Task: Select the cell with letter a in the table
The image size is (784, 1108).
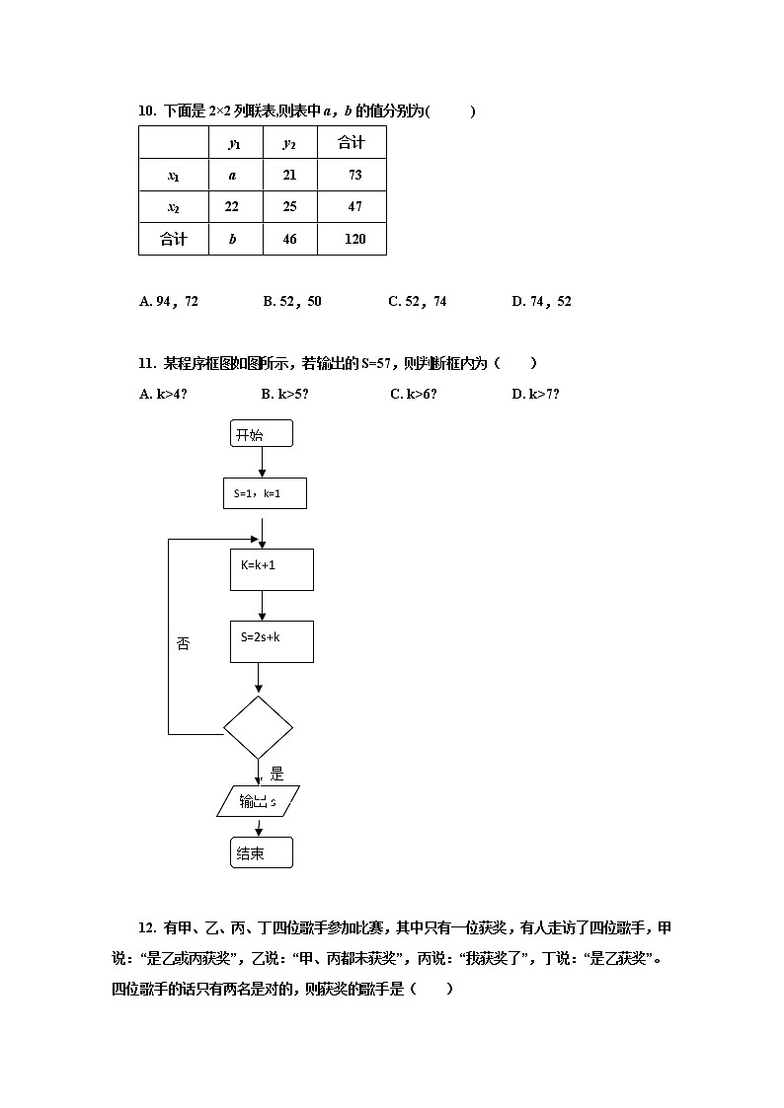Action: [x=233, y=175]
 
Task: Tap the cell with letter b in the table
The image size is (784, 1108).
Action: [x=233, y=239]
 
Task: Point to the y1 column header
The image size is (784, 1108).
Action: [x=234, y=143]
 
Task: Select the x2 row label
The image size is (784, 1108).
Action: [x=173, y=206]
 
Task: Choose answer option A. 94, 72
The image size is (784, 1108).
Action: [x=169, y=301]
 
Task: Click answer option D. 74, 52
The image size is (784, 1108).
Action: [x=541, y=301]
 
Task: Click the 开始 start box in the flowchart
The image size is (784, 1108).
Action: [x=262, y=434]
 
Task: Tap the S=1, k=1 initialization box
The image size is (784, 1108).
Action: [x=265, y=492]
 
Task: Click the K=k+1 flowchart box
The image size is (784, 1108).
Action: [x=272, y=569]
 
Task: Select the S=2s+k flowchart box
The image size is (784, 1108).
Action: [x=272, y=640]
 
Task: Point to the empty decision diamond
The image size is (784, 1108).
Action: [x=259, y=727]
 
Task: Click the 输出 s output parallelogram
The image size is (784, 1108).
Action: [x=259, y=801]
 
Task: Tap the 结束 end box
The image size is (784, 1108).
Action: [x=262, y=852]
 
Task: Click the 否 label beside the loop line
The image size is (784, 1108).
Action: [x=183, y=643]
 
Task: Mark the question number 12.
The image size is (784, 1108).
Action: [x=148, y=927]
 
